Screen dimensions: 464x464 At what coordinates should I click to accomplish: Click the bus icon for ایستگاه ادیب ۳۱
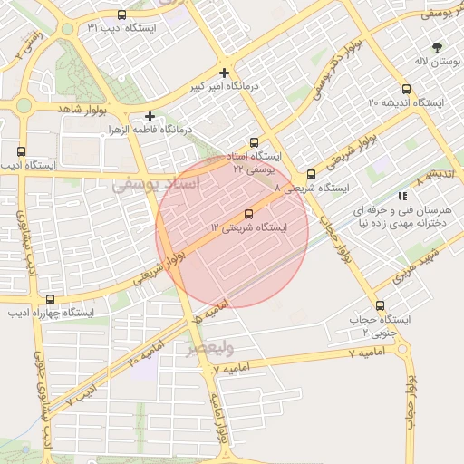click(x=122, y=14)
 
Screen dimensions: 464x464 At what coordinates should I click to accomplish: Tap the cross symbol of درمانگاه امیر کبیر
click(x=224, y=72)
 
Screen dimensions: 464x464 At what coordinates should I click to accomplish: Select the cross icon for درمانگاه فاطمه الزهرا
click(x=150, y=116)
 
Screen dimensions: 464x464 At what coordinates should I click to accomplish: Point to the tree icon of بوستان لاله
click(x=438, y=46)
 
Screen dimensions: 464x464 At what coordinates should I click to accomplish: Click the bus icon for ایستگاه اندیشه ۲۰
click(x=405, y=89)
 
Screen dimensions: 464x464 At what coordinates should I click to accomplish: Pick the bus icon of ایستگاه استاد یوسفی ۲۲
click(x=254, y=142)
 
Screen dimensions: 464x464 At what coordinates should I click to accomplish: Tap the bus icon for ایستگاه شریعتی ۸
click(x=311, y=174)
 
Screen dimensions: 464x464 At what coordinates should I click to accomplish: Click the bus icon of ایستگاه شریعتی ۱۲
click(x=249, y=214)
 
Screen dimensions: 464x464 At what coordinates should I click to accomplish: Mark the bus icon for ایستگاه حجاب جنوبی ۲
click(x=380, y=306)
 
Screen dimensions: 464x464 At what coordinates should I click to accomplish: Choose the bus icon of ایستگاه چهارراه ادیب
click(x=50, y=299)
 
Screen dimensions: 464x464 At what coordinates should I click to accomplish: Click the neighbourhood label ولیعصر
click(x=211, y=348)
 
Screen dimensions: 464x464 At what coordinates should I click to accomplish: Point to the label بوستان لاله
click(x=433, y=61)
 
